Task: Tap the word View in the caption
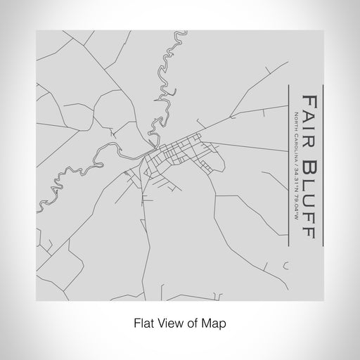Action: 168,324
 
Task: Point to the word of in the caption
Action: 191,324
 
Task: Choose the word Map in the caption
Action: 214,324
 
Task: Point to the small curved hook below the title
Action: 284,266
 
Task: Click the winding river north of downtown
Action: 167,91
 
